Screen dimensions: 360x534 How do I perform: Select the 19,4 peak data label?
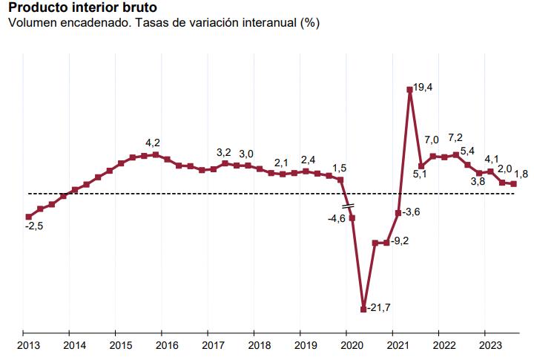(423, 88)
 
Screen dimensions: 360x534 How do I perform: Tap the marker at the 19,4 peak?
(409, 90)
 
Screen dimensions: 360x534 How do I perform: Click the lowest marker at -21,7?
(363, 309)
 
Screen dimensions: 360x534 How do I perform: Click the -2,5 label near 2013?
(33, 226)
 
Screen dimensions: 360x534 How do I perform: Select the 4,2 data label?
(153, 143)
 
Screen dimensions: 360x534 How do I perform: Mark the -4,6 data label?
(336, 218)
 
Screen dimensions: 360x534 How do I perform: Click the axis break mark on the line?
(346, 205)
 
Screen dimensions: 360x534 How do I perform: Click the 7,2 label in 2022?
(455, 138)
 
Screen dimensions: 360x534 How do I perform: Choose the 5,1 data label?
(420, 175)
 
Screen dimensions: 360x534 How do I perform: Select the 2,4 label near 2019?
(307, 160)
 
